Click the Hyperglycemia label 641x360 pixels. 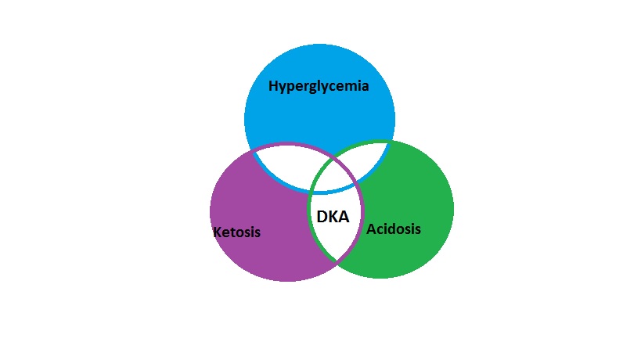pyautogui.click(x=319, y=86)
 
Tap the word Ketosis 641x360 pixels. pyautogui.click(x=236, y=232)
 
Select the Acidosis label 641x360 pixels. pyautogui.click(x=394, y=229)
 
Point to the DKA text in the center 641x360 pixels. pyautogui.click(x=333, y=216)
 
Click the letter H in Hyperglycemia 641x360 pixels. pyautogui.click(x=274, y=85)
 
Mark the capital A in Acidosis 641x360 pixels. pyautogui.click(x=371, y=229)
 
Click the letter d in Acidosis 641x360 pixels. pyautogui.click(x=390, y=229)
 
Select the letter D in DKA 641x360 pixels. pyautogui.click(x=321, y=216)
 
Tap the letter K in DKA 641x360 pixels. pyautogui.click(x=333, y=216)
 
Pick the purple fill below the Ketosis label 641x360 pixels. pyautogui.click(x=258, y=258)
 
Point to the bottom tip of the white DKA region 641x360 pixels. pyautogui.click(x=337, y=263)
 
